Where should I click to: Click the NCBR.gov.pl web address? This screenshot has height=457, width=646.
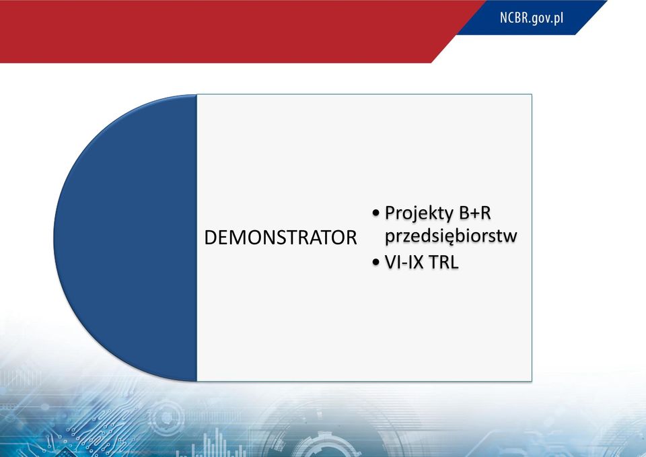coord(532,18)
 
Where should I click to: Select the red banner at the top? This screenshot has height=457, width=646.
coord(231,32)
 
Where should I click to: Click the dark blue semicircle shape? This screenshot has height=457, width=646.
coord(125,238)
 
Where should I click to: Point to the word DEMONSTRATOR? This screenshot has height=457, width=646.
coord(281,238)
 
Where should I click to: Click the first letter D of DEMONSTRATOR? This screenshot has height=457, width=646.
coord(210,238)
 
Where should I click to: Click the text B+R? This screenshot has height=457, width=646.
coord(475,213)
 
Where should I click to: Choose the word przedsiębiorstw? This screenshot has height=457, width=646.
coord(451,236)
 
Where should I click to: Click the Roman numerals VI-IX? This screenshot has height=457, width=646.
coord(404,262)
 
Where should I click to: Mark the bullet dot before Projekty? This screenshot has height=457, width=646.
coord(375,213)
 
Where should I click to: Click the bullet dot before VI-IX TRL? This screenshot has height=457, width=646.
coord(375,262)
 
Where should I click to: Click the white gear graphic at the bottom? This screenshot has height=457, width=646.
coord(326,446)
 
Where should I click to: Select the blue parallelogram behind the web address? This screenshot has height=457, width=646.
coord(532,17)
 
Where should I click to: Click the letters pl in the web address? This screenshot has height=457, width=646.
coord(559,19)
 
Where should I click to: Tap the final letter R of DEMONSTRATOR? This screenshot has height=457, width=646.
coord(351,238)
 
